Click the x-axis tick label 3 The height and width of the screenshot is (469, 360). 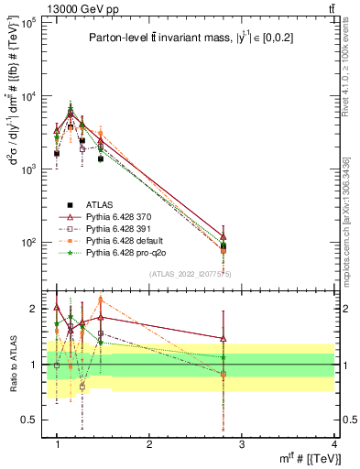tap(241, 444)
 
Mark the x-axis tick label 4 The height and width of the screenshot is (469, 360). tap(333, 444)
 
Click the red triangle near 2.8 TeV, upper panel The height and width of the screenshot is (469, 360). tap(223, 236)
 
